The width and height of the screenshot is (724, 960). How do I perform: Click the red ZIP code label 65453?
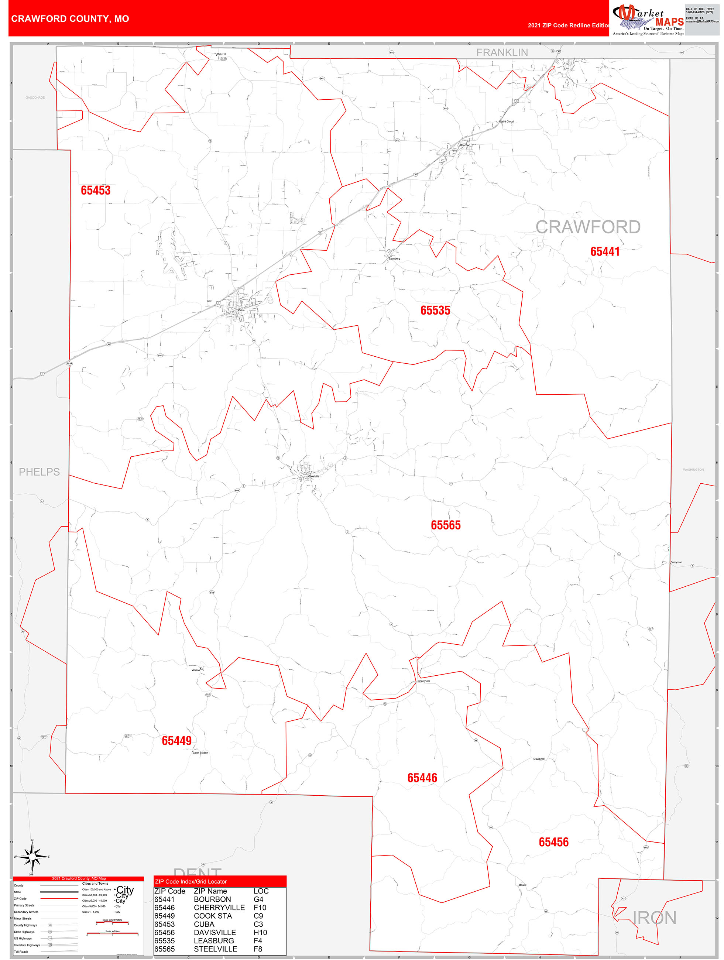96,190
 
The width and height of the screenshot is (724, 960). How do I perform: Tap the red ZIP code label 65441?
605,251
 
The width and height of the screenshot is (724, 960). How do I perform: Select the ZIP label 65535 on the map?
435,310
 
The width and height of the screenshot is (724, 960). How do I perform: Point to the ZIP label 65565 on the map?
445,525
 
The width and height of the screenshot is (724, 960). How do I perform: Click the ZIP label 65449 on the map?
176,741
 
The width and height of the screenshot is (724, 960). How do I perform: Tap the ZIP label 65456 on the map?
553,842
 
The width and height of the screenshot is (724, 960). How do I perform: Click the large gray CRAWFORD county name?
588,227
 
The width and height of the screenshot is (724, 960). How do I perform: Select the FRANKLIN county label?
502,52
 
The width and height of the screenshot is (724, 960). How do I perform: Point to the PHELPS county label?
39,472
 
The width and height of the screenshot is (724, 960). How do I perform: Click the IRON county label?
654,918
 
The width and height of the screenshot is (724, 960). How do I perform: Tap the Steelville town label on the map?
313,477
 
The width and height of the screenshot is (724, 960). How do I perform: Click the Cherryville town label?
423,681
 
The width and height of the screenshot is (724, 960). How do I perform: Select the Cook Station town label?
200,753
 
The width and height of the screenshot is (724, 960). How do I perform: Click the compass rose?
32,857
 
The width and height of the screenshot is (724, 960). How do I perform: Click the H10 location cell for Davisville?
260,933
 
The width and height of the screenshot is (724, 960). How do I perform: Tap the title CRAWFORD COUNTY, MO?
70,19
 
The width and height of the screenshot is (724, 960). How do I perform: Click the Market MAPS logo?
648,19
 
